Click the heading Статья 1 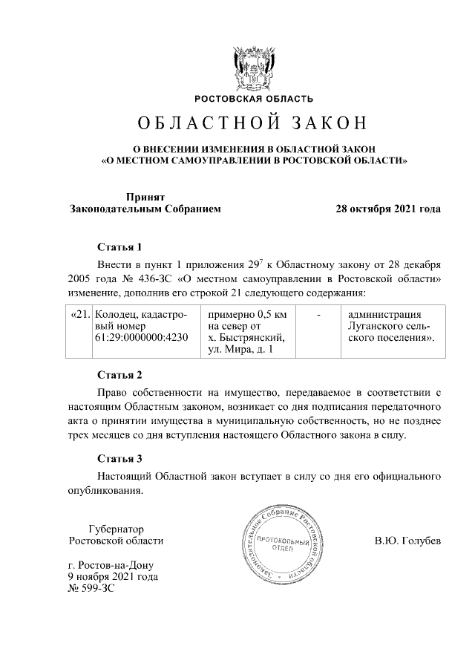click(119, 246)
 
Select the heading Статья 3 click(119, 458)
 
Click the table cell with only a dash click(318, 314)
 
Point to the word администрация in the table click(384, 314)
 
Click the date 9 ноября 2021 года click(112, 575)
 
